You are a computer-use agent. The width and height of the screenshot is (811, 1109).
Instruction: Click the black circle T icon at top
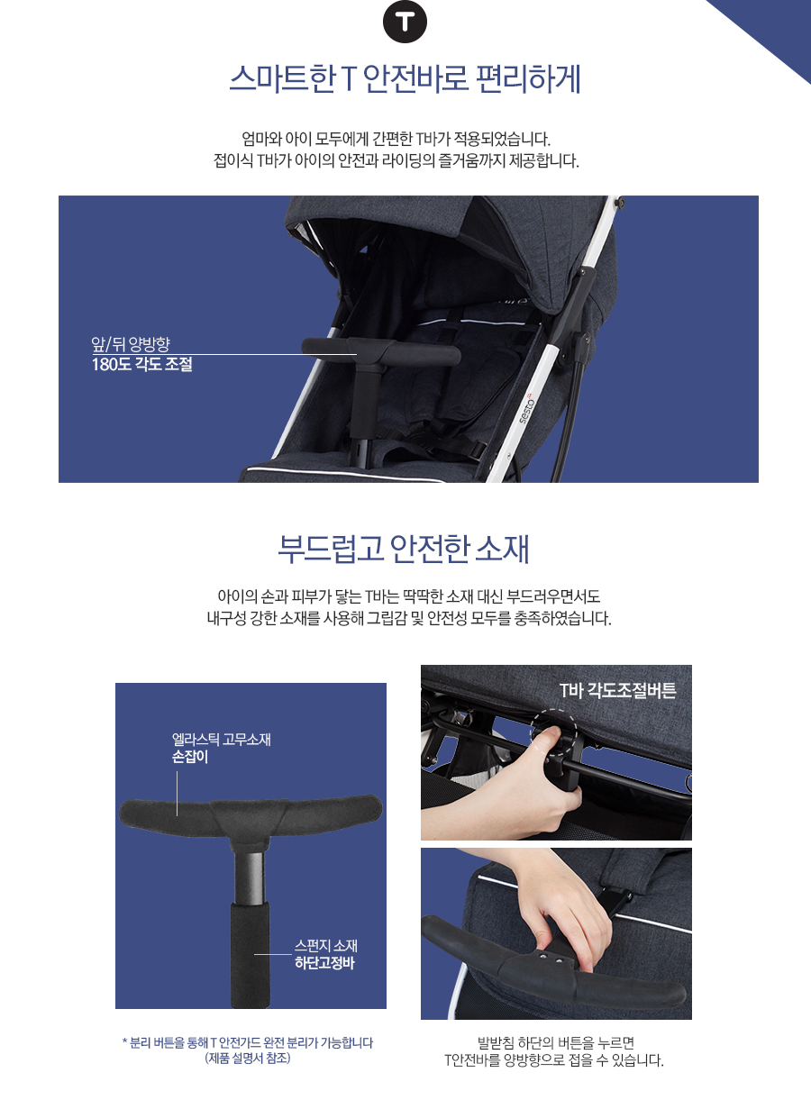pyautogui.click(x=405, y=22)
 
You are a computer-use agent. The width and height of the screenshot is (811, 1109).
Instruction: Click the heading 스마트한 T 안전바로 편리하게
pyautogui.click(x=405, y=79)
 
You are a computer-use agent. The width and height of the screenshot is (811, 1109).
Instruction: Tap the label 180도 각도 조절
pyautogui.click(x=142, y=364)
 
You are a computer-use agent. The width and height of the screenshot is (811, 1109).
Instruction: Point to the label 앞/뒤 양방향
pyautogui.click(x=131, y=343)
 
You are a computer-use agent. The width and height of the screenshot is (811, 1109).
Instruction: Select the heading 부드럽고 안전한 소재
pyautogui.click(x=404, y=549)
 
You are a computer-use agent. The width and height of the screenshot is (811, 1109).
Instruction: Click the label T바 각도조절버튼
pyautogui.click(x=617, y=691)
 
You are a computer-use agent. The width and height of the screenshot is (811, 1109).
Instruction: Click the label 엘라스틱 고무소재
pyautogui.click(x=222, y=740)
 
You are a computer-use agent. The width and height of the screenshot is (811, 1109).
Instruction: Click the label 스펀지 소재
pyautogui.click(x=326, y=946)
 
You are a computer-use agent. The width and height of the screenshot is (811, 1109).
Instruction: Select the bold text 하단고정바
pyautogui.click(x=324, y=963)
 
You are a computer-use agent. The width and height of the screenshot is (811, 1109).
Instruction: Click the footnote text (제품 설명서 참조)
pyautogui.click(x=248, y=1058)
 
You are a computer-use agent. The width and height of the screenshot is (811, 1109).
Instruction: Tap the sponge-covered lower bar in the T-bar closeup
pyautogui.click(x=251, y=955)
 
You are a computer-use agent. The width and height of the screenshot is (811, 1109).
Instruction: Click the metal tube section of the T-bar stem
pyautogui.click(x=250, y=877)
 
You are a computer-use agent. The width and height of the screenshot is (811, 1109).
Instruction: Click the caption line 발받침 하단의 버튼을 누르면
pyautogui.click(x=555, y=1042)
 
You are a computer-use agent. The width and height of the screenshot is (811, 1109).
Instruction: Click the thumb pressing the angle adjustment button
pyautogui.click(x=548, y=734)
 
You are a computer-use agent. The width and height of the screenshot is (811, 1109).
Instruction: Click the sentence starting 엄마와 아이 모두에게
pyautogui.click(x=396, y=139)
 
